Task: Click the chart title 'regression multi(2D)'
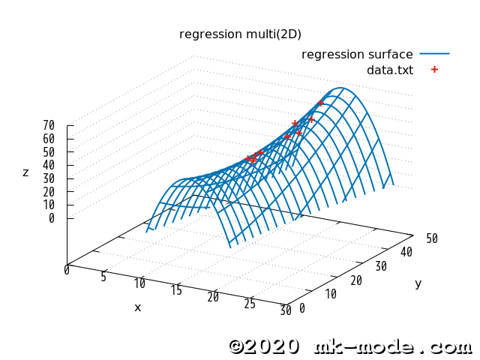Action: point(240,34)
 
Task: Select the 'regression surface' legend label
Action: point(357,54)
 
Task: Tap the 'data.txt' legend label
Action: point(390,70)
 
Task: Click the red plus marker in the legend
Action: point(434,70)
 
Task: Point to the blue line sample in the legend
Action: point(434,54)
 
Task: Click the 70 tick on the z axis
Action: point(49,125)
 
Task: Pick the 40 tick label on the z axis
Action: point(49,165)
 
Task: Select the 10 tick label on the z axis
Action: point(49,205)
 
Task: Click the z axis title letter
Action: point(25,172)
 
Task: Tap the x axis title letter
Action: point(137,307)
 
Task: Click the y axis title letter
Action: point(418,283)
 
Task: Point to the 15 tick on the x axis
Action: point(176,290)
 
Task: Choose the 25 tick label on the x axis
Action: point(250,303)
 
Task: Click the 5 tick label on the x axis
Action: point(103,277)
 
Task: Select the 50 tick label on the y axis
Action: point(431,238)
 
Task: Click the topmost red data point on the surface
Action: point(321,103)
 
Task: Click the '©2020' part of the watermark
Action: point(264,346)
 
